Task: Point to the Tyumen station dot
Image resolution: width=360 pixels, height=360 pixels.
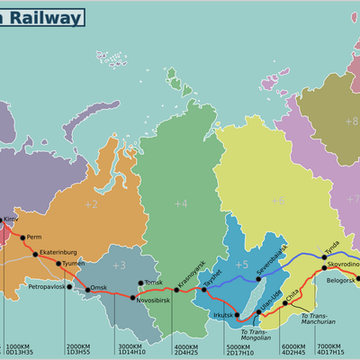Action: click(x=59, y=264)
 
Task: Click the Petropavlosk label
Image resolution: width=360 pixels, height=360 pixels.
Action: click(x=48, y=286)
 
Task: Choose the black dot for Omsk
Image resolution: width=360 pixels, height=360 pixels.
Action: click(x=88, y=288)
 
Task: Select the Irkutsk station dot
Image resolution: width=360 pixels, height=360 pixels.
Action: click(x=238, y=316)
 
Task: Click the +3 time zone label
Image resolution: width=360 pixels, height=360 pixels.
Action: click(x=119, y=265)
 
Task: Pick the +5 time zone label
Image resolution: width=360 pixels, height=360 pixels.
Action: click(x=241, y=265)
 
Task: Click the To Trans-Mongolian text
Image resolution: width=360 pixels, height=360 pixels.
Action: click(x=254, y=335)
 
